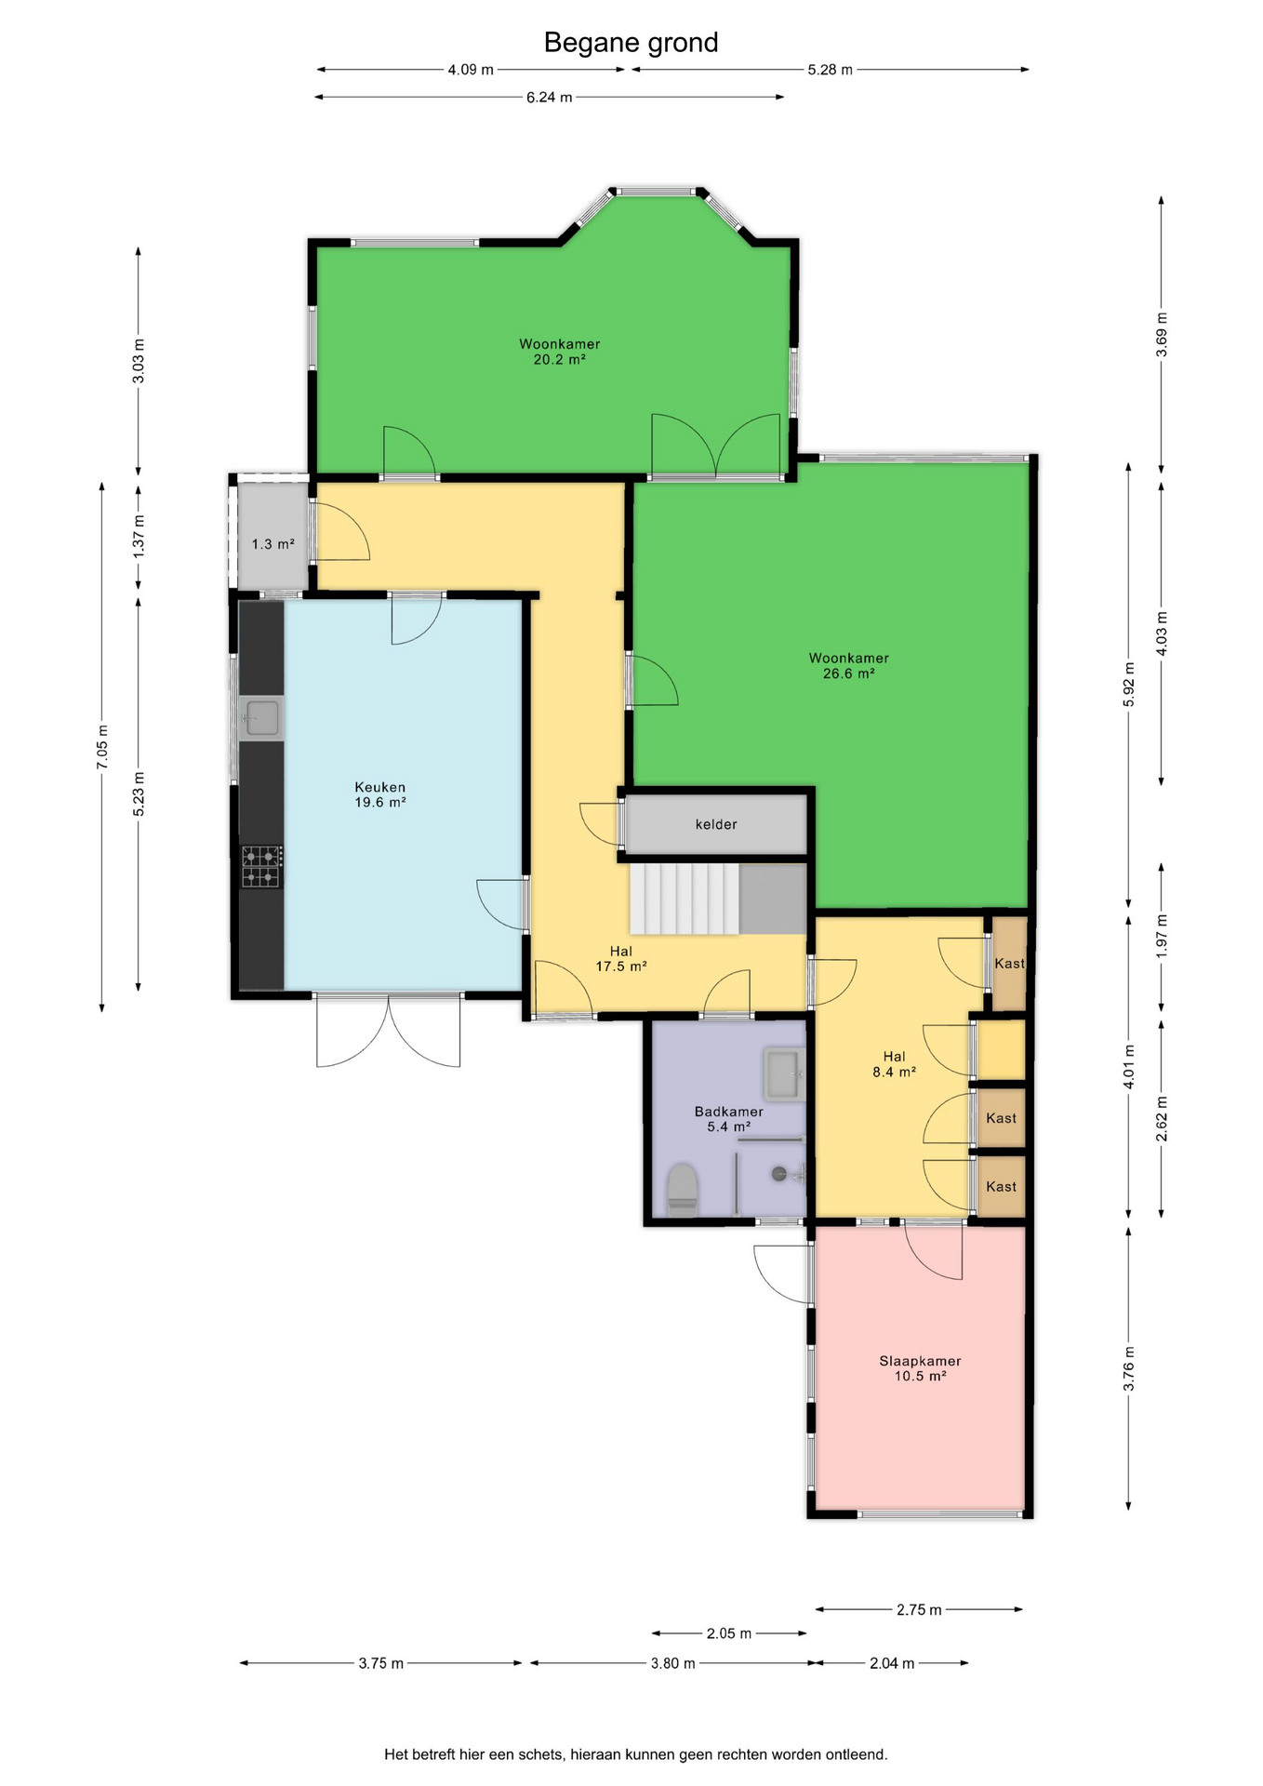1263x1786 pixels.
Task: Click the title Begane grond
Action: pyautogui.click(x=631, y=43)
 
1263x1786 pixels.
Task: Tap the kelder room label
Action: pyautogui.click(x=716, y=824)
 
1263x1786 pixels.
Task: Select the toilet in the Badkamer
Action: pyautogui.click(x=683, y=1190)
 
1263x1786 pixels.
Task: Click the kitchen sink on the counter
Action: pyautogui.click(x=261, y=718)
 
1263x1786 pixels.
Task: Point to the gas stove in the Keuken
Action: pyautogui.click(x=261, y=866)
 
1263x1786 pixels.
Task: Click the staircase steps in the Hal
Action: pyautogui.click(x=685, y=899)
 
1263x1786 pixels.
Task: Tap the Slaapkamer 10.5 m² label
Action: pyautogui.click(x=921, y=1368)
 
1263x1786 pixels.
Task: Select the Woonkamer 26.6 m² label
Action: pyautogui.click(x=849, y=666)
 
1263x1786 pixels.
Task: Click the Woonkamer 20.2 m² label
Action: pyautogui.click(x=559, y=352)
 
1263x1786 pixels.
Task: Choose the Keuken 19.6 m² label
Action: pyautogui.click(x=380, y=794)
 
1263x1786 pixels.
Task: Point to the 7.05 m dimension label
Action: pyautogui.click(x=102, y=747)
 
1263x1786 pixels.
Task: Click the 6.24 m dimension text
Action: pyautogui.click(x=549, y=97)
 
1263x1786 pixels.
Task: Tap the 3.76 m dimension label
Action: pyautogui.click(x=1129, y=1369)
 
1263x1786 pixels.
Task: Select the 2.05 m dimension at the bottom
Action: pyautogui.click(x=729, y=1633)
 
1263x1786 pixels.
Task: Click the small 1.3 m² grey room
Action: pyautogui.click(x=273, y=536)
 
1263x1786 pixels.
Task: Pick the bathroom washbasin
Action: pyautogui.click(x=784, y=1075)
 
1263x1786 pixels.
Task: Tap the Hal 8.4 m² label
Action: pyautogui.click(x=895, y=1064)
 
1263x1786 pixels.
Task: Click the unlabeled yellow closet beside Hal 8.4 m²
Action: pyautogui.click(x=1001, y=1050)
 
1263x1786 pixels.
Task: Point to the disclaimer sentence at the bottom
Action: pyautogui.click(x=636, y=1754)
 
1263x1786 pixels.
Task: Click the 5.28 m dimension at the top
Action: pyautogui.click(x=831, y=70)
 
